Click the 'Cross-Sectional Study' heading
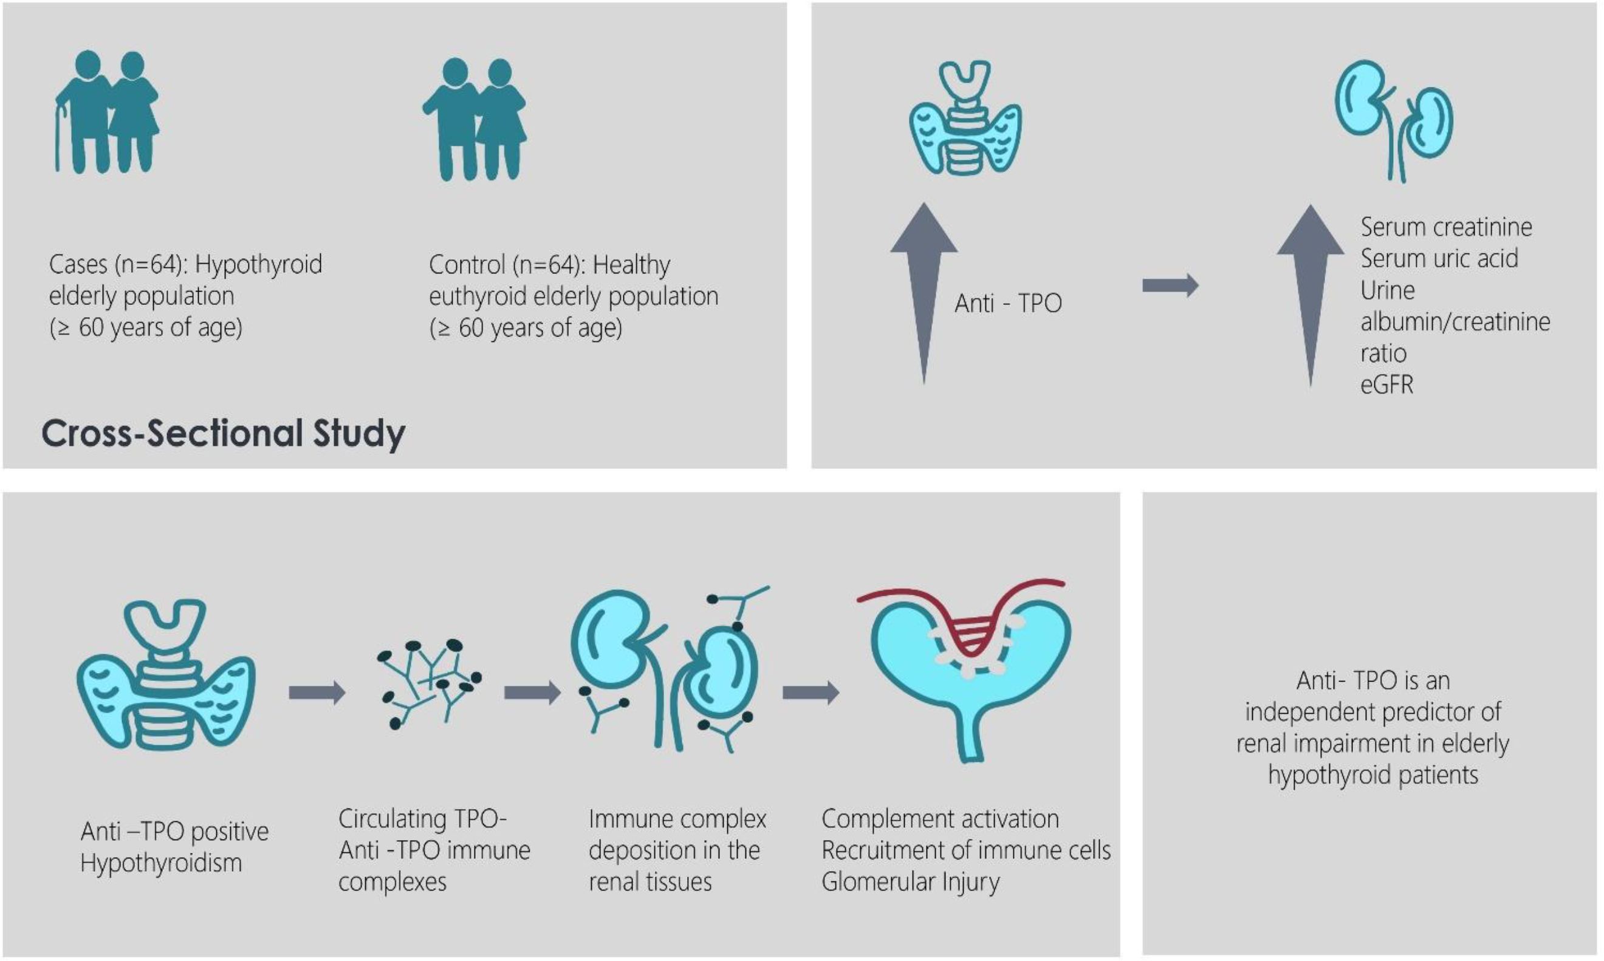click(224, 434)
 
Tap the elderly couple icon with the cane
click(107, 112)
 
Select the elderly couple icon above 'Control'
click(475, 119)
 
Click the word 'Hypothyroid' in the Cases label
click(258, 264)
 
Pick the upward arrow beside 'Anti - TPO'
click(924, 293)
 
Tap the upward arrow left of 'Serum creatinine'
click(1310, 296)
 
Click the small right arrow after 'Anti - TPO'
click(1170, 285)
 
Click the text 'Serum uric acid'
click(1439, 258)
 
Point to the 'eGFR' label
click(1386, 385)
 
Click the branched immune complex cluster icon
click(430, 683)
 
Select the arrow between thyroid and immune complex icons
click(317, 693)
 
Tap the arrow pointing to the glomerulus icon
click(811, 693)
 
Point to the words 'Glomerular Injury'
click(911, 882)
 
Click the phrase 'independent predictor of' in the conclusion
click(1373, 712)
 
